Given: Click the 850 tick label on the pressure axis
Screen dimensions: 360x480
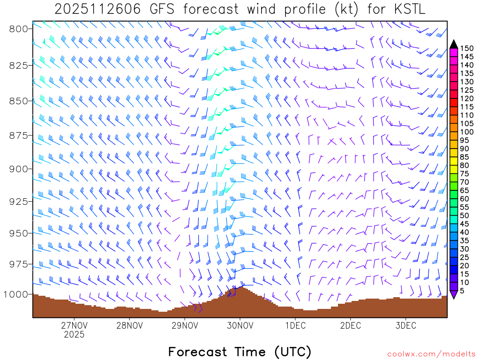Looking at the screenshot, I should (19, 101).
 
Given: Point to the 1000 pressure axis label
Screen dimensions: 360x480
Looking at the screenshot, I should (16, 294).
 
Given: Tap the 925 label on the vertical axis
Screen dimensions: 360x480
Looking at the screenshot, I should (19, 201).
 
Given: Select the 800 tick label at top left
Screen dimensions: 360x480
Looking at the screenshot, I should (19, 29).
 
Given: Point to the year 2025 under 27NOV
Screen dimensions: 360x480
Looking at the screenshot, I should (74, 335).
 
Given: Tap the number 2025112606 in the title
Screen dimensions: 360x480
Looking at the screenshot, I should (97, 9).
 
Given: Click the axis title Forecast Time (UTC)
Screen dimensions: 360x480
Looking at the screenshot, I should (240, 352).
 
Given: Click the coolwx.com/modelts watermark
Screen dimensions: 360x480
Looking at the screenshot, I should (431, 354).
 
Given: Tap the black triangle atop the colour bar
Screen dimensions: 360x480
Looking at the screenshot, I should (454, 44).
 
